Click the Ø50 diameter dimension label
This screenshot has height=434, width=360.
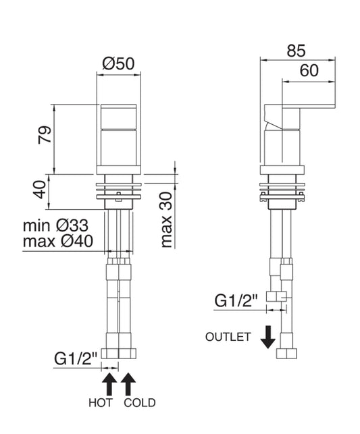[118, 63]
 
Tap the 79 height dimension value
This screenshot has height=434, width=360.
[45, 135]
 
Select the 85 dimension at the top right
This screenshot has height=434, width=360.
[296, 51]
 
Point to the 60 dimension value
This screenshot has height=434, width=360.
[309, 71]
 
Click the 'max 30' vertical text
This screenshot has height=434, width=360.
[166, 220]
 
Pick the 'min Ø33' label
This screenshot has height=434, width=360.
[55, 225]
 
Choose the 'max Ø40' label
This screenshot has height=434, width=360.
[58, 242]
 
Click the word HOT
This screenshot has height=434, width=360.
[101, 403]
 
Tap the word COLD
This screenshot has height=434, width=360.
[140, 403]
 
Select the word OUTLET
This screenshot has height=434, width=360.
[228, 337]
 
